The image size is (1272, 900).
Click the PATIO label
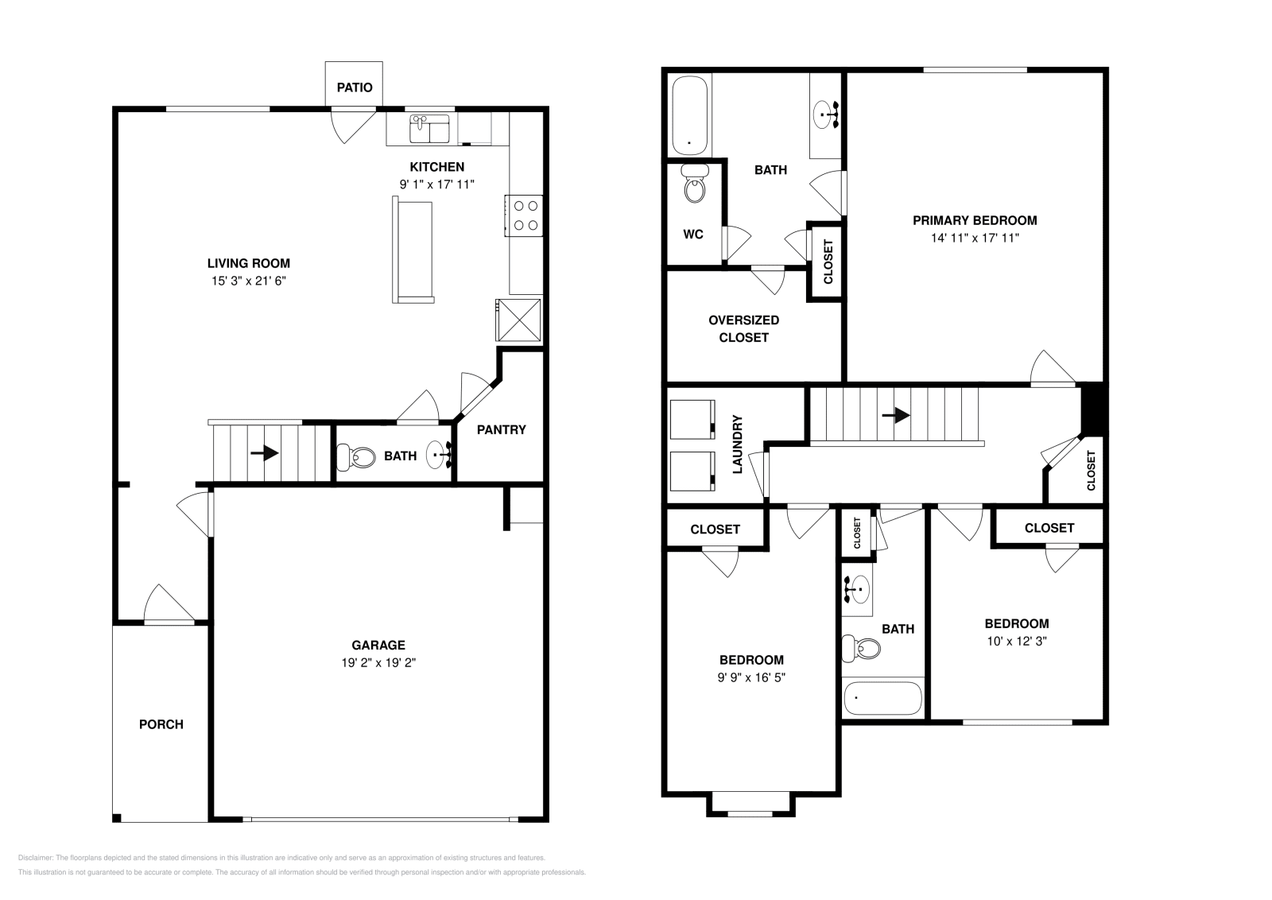click(354, 87)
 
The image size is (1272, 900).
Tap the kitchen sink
click(429, 129)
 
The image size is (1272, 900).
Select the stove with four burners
click(525, 215)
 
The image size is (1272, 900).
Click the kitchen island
click(413, 251)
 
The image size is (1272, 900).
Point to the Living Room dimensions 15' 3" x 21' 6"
click(249, 281)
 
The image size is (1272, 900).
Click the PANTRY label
click(501, 430)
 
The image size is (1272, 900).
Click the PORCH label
click(161, 724)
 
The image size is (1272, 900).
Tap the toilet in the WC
click(695, 188)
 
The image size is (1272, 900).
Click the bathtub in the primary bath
click(689, 116)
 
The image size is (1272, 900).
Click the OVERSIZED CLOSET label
click(743, 328)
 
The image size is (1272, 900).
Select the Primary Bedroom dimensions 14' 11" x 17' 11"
click(975, 238)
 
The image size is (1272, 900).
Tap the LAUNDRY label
click(737, 444)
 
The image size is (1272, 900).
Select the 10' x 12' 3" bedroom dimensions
click(1016, 641)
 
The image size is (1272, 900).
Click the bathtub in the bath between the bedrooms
click(882, 699)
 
